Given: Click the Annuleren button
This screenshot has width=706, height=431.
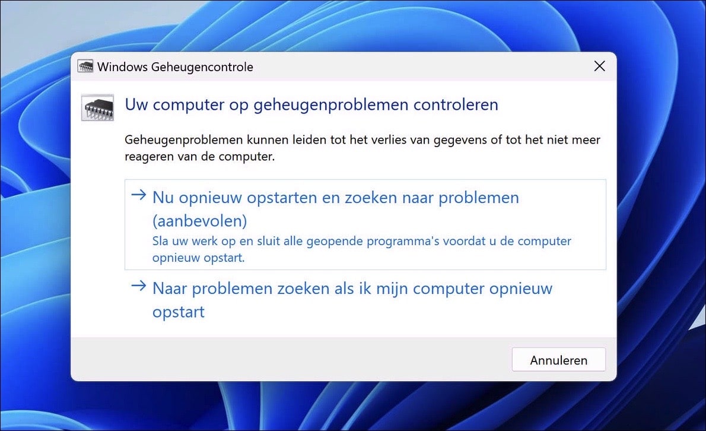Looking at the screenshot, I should click(x=558, y=360).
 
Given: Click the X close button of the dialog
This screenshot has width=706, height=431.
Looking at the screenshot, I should click(x=600, y=66).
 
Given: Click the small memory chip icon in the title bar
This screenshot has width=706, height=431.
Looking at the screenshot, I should click(x=85, y=66).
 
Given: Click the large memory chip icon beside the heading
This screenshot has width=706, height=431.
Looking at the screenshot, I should click(x=97, y=107).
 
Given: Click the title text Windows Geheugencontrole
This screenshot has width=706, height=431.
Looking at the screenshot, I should click(x=175, y=67).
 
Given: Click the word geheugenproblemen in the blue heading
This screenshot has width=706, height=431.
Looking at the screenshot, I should click(x=331, y=105).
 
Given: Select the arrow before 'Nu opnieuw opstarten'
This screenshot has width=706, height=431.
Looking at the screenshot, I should click(x=138, y=197).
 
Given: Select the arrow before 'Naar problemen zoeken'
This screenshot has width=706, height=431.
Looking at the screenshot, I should click(x=138, y=287).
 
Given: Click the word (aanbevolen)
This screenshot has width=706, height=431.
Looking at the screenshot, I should click(x=199, y=221).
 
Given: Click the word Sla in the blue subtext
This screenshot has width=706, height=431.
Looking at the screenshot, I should click(x=160, y=242).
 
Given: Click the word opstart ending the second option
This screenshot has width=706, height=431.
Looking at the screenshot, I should click(x=179, y=312).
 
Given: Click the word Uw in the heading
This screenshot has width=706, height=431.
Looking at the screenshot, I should click(x=136, y=105).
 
